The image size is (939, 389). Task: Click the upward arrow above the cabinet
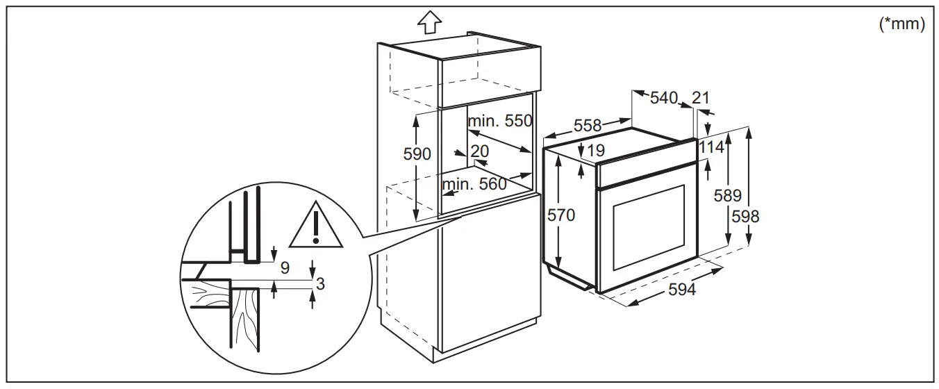430,23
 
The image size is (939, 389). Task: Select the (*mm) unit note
902,24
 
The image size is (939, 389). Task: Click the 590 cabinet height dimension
417,154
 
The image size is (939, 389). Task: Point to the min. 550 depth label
499,121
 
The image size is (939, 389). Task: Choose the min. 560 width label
474,184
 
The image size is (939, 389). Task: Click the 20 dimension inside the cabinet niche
479,151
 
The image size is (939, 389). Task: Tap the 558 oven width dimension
588,126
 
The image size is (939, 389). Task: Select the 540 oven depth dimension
663,98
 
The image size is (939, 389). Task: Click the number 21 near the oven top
700,98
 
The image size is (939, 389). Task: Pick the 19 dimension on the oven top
595,150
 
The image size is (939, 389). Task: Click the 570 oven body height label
561,215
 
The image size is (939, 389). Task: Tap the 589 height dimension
728,196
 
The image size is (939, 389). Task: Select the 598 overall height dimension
745,216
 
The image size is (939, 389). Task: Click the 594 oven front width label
682,289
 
